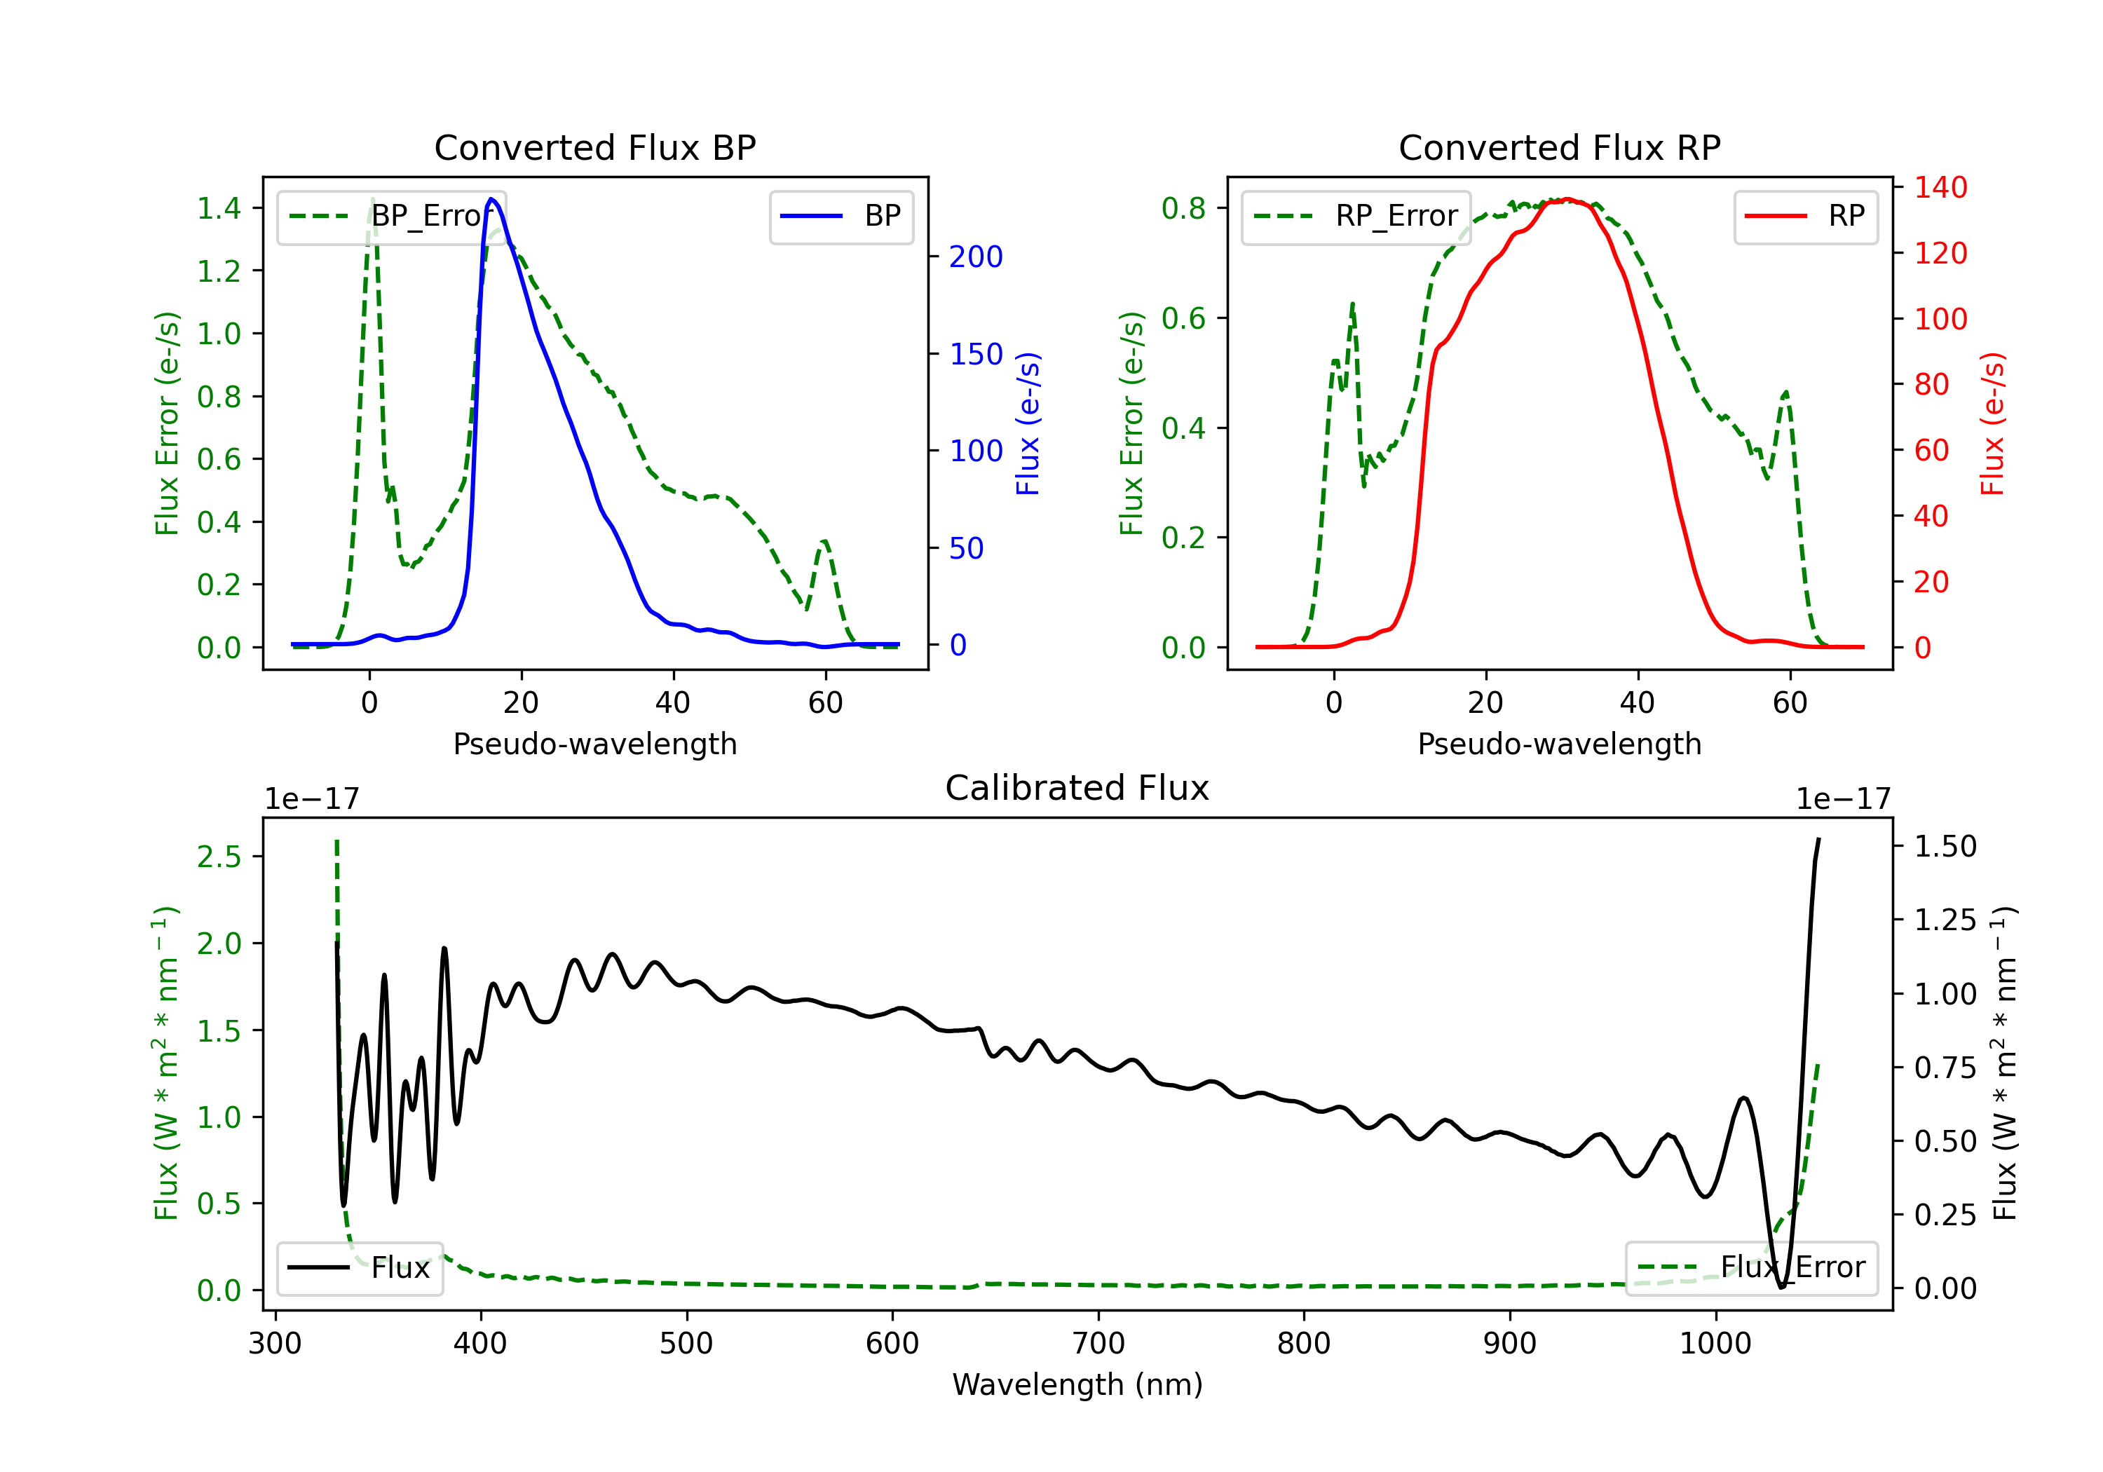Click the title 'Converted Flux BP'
tap(594, 147)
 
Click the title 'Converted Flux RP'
tap(1559, 147)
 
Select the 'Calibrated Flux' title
tap(1077, 788)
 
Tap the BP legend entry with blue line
tap(840, 216)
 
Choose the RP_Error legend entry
tap(1356, 216)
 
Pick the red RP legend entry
tap(1805, 216)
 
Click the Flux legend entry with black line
tap(359, 1268)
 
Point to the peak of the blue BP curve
tap(492, 199)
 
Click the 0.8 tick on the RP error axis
tap(1183, 208)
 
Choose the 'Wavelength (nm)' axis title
tap(1077, 1385)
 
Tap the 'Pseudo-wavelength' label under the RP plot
tap(1559, 744)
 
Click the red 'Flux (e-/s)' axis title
tap(1993, 423)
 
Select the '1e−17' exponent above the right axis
tap(1843, 799)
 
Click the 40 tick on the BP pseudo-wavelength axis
tap(673, 702)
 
